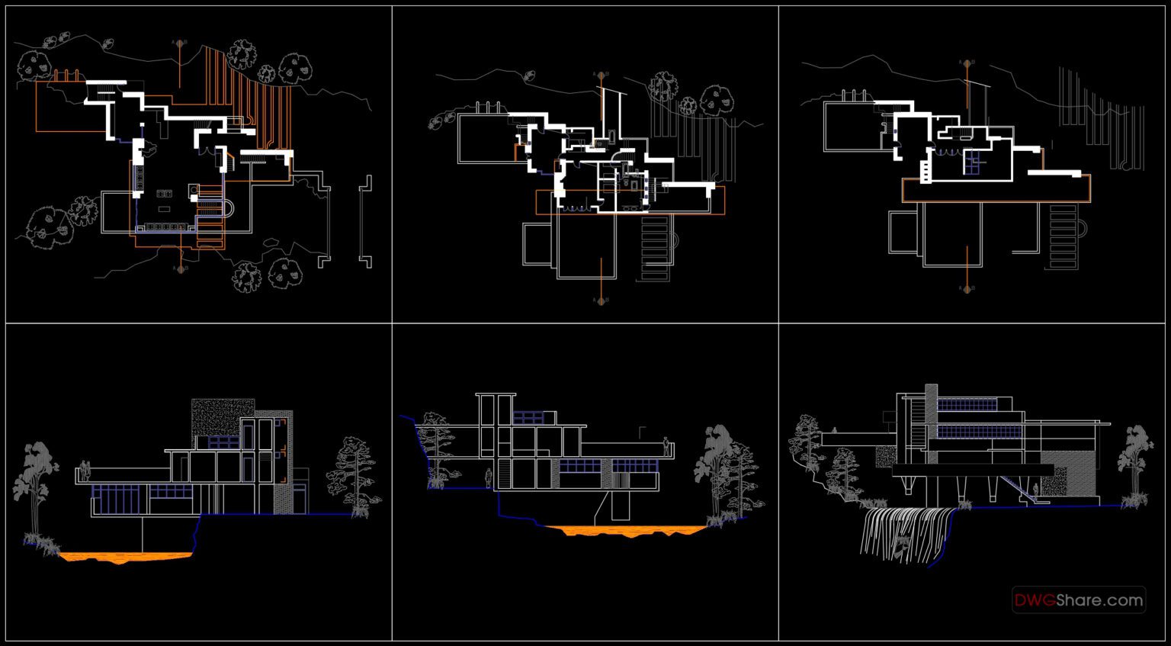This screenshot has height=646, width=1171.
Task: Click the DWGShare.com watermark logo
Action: (1078, 600)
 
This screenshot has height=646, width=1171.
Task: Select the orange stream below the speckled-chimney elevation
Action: (122, 557)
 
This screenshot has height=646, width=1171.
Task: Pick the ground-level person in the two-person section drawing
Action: (488, 478)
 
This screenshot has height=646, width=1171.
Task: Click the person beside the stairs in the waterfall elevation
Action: (1038, 491)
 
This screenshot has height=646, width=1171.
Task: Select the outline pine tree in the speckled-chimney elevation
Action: (351, 473)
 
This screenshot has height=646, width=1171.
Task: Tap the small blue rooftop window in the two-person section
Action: (528, 418)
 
